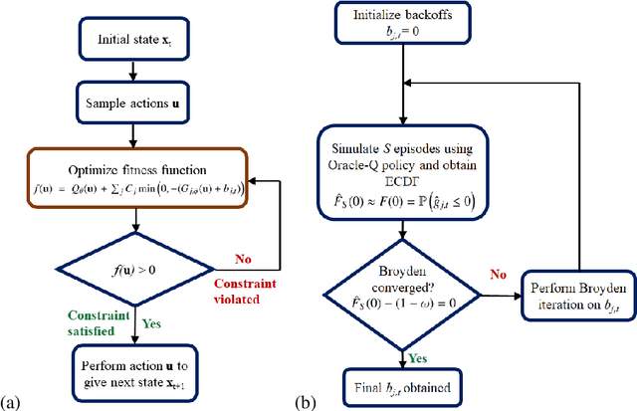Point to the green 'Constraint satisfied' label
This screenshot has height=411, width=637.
(86, 322)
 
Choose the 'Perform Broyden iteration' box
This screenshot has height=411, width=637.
(564, 289)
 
